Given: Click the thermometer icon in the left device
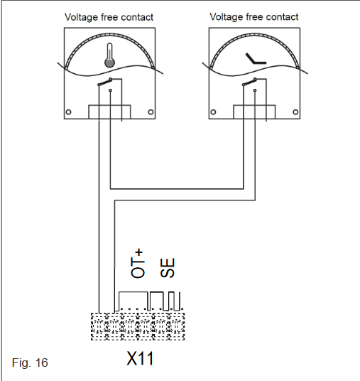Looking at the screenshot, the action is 109,55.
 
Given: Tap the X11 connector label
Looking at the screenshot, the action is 140,358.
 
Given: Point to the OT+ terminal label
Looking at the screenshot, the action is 138,264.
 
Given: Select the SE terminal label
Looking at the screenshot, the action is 168,267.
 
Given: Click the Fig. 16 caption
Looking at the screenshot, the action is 30,363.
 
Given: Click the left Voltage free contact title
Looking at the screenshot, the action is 109,17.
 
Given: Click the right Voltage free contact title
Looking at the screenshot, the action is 254,17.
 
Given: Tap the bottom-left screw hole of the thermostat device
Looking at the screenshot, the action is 68,112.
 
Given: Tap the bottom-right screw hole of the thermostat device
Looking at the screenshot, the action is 151,112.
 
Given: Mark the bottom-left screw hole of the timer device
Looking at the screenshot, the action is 213,112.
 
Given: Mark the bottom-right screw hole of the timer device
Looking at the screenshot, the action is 295,112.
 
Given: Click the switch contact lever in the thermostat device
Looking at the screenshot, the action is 104,82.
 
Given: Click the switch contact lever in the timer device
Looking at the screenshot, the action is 249,82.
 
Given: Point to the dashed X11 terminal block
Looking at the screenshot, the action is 138,326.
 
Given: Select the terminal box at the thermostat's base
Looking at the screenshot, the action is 109,112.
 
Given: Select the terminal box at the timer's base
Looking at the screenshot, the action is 254,112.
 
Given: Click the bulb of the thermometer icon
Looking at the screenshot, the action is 109,63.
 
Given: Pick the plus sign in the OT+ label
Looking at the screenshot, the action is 139,254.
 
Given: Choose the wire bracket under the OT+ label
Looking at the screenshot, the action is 133,292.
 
